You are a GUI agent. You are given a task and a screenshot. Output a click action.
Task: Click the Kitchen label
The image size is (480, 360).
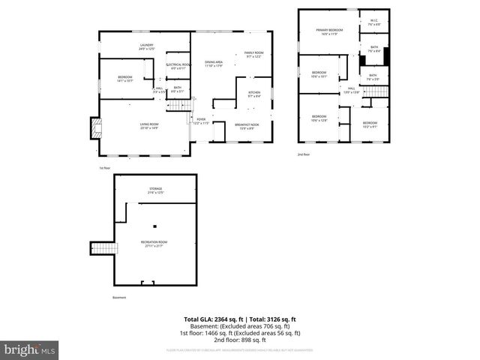[253, 94]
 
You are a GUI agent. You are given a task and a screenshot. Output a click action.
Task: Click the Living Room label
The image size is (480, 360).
[149, 125]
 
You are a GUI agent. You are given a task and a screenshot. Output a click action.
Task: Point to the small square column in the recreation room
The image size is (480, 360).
[155, 226]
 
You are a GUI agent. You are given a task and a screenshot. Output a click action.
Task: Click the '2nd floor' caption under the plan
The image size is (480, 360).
[304, 154]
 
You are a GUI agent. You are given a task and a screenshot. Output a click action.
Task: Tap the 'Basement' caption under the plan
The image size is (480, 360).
[120, 298]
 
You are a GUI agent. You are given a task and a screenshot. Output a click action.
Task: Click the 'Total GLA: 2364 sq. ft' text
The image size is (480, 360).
[214, 319]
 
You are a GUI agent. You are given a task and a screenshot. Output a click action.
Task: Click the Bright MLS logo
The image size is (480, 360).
[30, 349]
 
